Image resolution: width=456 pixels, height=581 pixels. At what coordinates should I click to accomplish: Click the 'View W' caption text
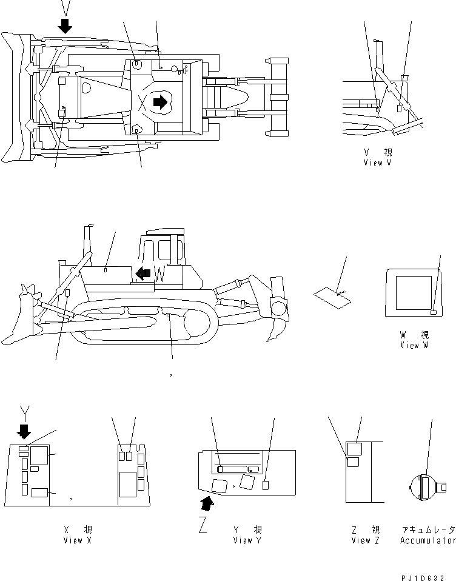tap(414, 345)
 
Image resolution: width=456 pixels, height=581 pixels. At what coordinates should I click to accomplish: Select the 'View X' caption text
tap(77, 540)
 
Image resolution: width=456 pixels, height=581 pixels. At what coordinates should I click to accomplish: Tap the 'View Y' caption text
tap(247, 540)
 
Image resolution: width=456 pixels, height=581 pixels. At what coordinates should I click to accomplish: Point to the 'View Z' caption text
tap(364, 540)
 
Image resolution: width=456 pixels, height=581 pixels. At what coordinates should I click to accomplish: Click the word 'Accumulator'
tap(427, 540)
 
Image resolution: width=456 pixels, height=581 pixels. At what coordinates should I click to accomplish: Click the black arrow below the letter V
tap(65, 25)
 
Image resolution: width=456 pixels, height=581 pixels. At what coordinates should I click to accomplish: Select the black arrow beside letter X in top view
tap(160, 102)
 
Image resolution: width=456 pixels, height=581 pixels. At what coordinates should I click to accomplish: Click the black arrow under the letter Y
tap(25, 431)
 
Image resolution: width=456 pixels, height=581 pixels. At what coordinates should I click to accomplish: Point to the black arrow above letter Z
tap(208, 502)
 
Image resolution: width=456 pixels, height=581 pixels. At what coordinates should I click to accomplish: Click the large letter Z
tap(204, 523)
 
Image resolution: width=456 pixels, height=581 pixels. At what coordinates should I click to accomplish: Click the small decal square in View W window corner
tap(433, 312)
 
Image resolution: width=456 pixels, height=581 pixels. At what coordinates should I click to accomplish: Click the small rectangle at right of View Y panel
tap(265, 485)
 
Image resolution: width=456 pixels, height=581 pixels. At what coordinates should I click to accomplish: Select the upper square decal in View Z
tap(354, 449)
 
